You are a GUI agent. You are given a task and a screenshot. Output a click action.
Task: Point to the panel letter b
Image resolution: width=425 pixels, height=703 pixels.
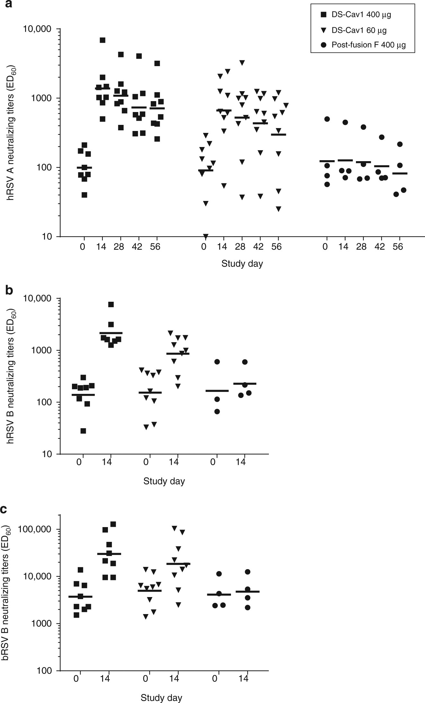point(9,290)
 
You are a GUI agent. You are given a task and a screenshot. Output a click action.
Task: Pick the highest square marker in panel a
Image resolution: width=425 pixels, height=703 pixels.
point(102,40)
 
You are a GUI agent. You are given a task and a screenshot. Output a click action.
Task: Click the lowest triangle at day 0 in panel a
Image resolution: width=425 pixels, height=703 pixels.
point(206,236)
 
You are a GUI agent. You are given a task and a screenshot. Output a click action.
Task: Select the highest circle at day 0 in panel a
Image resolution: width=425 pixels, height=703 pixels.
point(327,119)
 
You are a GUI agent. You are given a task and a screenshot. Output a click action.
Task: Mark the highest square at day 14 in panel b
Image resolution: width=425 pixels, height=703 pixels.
point(111,304)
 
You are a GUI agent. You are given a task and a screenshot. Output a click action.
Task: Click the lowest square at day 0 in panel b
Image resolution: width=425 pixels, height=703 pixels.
point(83,431)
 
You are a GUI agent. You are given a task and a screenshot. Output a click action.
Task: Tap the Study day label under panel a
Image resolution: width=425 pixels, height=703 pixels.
point(242,264)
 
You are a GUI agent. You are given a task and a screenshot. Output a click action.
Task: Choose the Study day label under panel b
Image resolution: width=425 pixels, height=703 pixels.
point(164,481)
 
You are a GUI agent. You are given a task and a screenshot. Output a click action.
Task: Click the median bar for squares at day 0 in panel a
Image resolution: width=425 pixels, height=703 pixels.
point(84,168)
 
